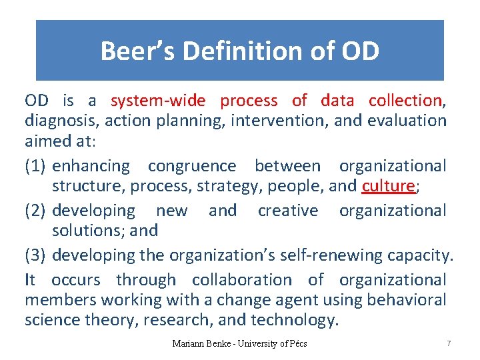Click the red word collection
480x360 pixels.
[x=405, y=101]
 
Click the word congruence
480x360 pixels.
[x=192, y=165]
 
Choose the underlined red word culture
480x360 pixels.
[x=388, y=185]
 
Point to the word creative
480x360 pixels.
[x=288, y=211]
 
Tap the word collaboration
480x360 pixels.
[x=241, y=280]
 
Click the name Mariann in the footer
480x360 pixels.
[x=189, y=344]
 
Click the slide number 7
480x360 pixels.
[x=449, y=343]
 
